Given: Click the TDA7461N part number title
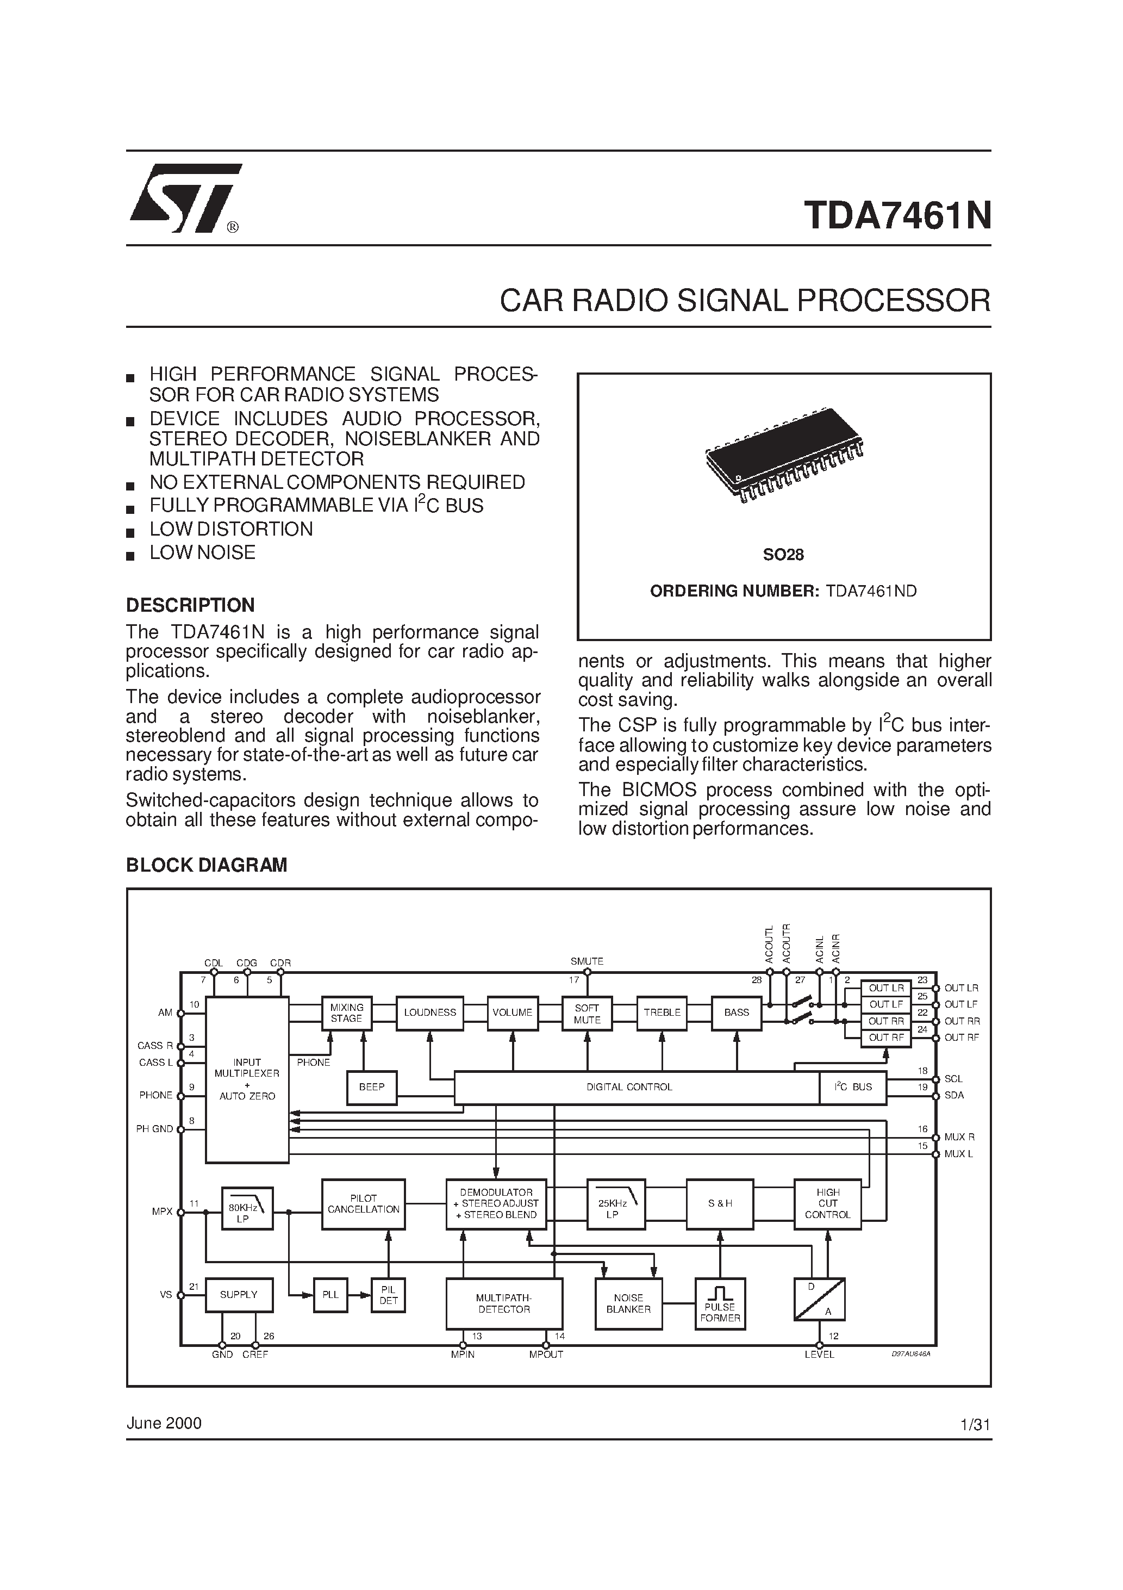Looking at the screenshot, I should click(x=897, y=215).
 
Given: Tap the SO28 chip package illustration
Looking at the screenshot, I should click(x=784, y=454).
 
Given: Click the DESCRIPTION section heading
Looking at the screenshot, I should click(x=190, y=605).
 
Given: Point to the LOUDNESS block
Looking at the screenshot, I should click(x=430, y=1013).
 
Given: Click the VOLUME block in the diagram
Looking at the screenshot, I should click(x=513, y=1013).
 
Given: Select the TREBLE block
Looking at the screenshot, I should click(x=662, y=1013).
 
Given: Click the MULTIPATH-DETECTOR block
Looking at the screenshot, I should click(x=504, y=1304).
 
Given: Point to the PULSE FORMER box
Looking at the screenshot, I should click(x=720, y=1304).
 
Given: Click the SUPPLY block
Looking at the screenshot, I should click(x=239, y=1295).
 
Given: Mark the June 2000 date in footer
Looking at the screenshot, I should click(x=164, y=1423).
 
